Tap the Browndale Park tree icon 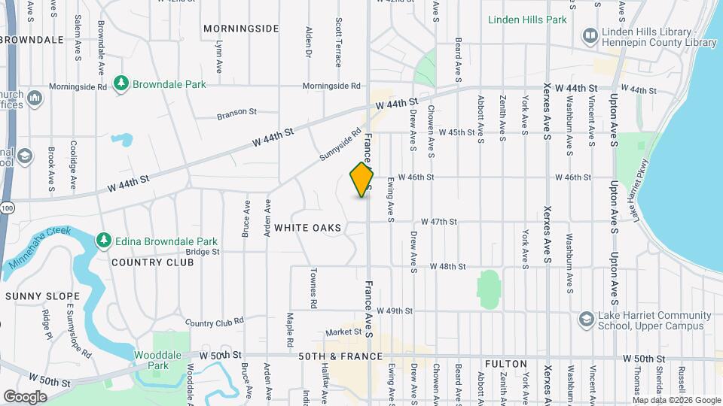(120, 83)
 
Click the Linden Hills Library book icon (590, 35)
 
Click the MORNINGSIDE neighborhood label (241, 29)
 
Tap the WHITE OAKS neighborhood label (307, 227)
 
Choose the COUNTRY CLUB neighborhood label (147, 262)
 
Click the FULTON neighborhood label (505, 364)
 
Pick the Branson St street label (236, 113)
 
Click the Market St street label (344, 332)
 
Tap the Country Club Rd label (215, 322)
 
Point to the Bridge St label (203, 253)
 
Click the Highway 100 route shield (6, 207)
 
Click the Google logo (25, 396)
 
